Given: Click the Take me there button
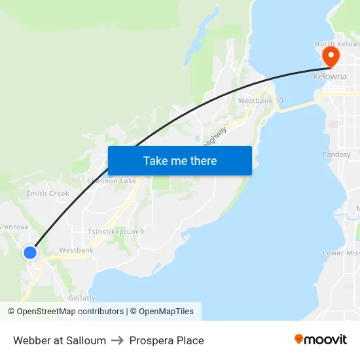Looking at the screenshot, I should click(180, 161).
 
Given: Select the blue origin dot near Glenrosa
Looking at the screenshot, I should click(30, 252).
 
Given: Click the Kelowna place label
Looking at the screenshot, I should click(330, 77).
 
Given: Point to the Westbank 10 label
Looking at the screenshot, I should click(261, 101).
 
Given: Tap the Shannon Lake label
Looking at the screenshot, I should click(112, 181).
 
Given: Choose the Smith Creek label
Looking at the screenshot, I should click(48, 194).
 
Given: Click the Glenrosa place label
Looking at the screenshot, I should click(13, 227).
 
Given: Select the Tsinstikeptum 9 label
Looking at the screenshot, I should click(116, 232).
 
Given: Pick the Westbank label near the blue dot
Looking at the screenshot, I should click(76, 250).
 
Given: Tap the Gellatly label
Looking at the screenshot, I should click(82, 298).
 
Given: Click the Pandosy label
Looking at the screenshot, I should click(336, 155).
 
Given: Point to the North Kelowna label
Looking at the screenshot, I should click(336, 44).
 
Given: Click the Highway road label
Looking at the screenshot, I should click(215, 135).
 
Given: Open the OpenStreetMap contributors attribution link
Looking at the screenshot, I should click(70, 312).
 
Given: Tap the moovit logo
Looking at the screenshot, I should click(321, 339).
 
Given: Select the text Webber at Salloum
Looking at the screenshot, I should click(60, 340).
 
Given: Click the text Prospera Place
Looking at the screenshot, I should click(166, 340).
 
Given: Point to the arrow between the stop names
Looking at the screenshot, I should click(117, 340).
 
